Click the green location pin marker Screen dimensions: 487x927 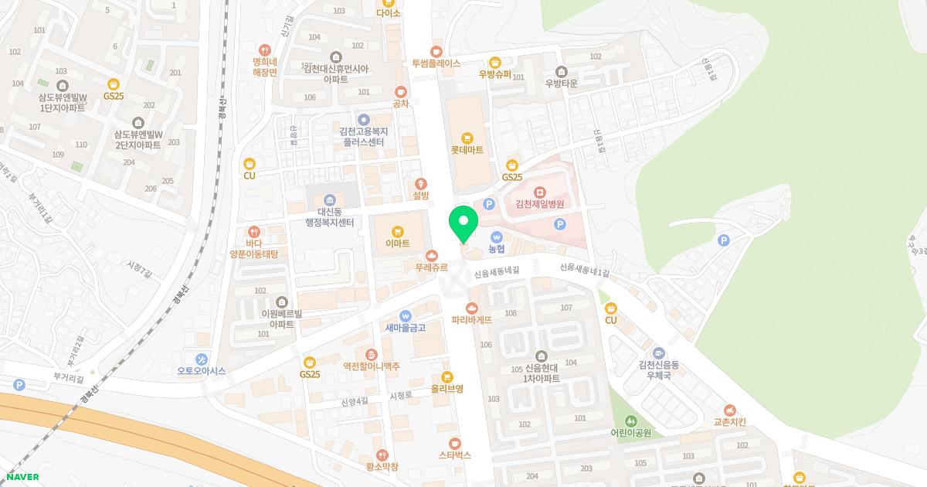[x=463, y=223]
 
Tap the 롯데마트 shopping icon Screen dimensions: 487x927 [x=467, y=138]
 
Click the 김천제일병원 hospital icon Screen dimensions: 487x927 [x=540, y=192]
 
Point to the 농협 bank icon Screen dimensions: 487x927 [x=496, y=237]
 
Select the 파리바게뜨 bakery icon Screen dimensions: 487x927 [x=472, y=308]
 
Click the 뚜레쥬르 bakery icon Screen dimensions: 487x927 [x=431, y=255]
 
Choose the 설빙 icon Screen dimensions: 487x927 [x=421, y=183]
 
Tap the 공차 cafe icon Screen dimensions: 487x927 [x=400, y=92]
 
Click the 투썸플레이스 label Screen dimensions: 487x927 [x=436, y=63]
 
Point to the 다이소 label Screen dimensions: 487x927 [x=388, y=12]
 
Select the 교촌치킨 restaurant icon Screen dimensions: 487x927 [x=729, y=410]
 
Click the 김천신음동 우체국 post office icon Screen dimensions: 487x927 [x=658, y=352]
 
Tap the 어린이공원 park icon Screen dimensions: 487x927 [x=631, y=421]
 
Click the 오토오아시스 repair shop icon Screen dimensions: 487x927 [x=201, y=359]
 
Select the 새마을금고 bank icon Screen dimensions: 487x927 [x=405, y=315]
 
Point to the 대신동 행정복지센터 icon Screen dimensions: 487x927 [x=330, y=199]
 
